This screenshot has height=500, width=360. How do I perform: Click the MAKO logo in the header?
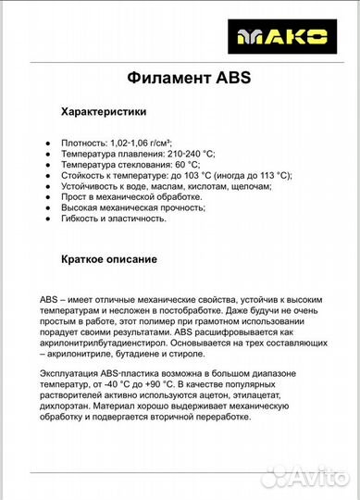[294, 37]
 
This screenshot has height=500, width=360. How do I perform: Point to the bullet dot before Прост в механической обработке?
[47, 197]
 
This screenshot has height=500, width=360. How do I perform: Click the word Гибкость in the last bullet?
[81, 219]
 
